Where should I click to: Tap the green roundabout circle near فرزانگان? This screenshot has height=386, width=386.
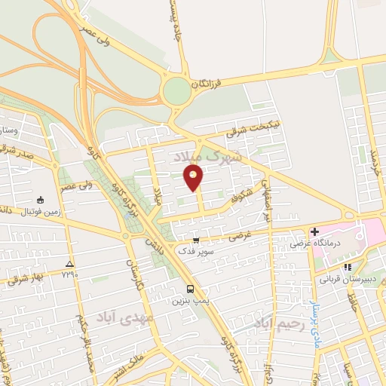(176, 91)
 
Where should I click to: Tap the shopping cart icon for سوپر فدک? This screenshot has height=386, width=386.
(197, 241)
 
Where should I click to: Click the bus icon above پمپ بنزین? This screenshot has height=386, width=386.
(191, 289)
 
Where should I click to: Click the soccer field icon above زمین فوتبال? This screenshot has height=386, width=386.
(39, 201)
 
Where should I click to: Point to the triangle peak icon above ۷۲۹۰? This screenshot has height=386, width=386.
(70, 264)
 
